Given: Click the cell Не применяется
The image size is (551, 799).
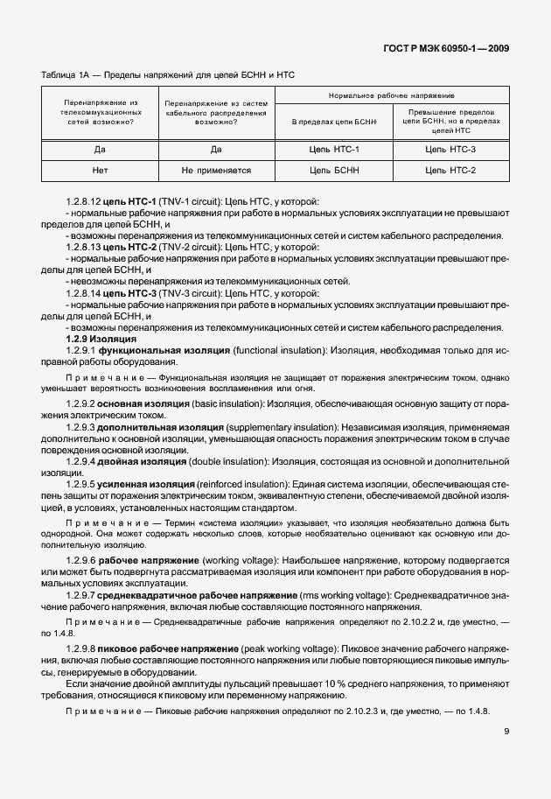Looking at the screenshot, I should click(216, 170).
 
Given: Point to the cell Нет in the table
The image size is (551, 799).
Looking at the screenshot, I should click(100, 170).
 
